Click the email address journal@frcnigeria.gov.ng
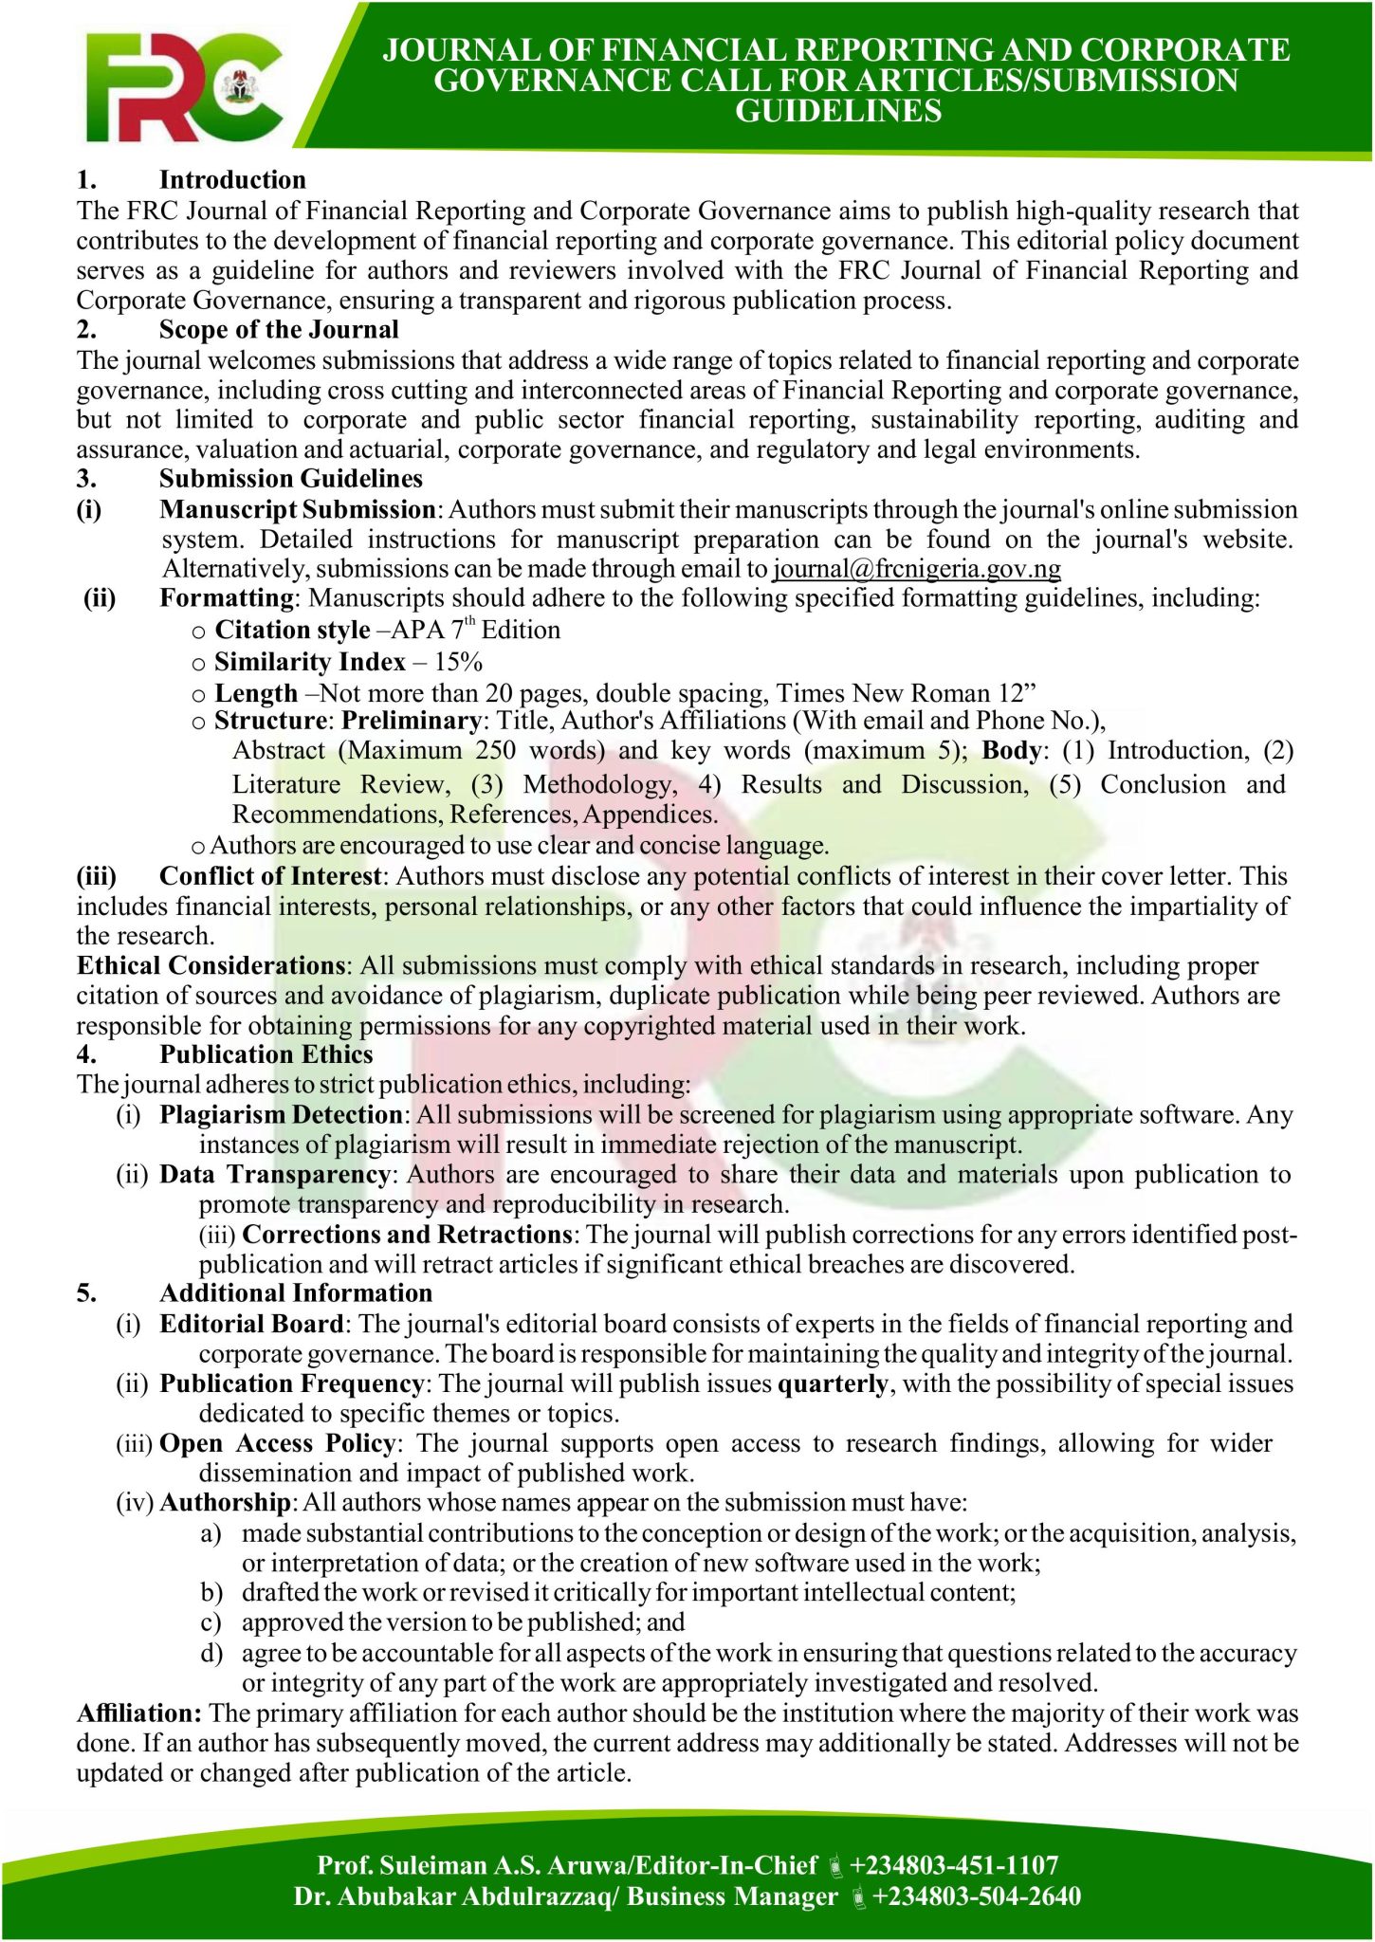(917, 569)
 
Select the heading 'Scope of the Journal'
(279, 330)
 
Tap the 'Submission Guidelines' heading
(291, 479)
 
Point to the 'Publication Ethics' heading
(266, 1054)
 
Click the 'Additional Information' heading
(296, 1293)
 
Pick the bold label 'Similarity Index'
(309, 662)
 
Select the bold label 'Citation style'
(292, 631)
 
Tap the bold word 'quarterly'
(833, 1384)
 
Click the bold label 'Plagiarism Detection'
(282, 1115)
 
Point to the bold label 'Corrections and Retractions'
(407, 1235)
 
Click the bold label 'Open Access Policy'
(278, 1444)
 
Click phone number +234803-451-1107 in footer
(953, 1866)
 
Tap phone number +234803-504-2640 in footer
(976, 1896)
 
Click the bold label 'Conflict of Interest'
(270, 876)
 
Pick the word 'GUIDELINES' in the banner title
(838, 112)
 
